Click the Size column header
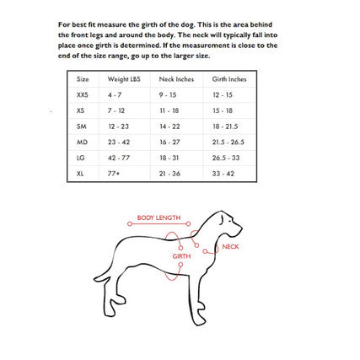point(83,78)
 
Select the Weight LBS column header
point(118,78)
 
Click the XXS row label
point(82,94)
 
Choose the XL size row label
point(80,175)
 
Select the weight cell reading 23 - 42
point(118,142)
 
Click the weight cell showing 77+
point(114,175)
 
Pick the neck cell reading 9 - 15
point(168,94)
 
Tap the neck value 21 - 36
point(169,175)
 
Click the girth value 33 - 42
point(223,175)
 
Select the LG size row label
point(81,159)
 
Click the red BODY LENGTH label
point(159,217)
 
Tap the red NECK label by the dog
point(230,247)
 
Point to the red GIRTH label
point(181,255)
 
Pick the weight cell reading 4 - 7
point(115,94)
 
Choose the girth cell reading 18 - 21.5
point(224,126)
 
